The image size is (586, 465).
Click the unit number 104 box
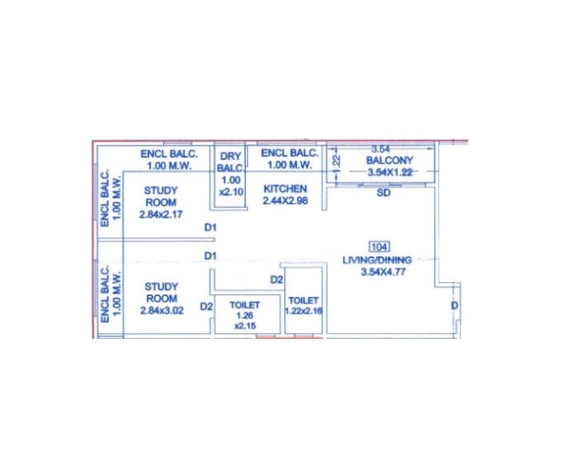380,247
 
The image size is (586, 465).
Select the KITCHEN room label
284,189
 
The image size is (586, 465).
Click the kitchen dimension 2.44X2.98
284,200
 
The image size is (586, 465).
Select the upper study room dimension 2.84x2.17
162,214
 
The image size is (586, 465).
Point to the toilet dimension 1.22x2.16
305,311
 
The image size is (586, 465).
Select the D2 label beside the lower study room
207,307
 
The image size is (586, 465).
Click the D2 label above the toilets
277,280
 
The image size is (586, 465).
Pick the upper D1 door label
210,228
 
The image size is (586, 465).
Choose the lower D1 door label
210,256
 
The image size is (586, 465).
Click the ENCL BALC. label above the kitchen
289,159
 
